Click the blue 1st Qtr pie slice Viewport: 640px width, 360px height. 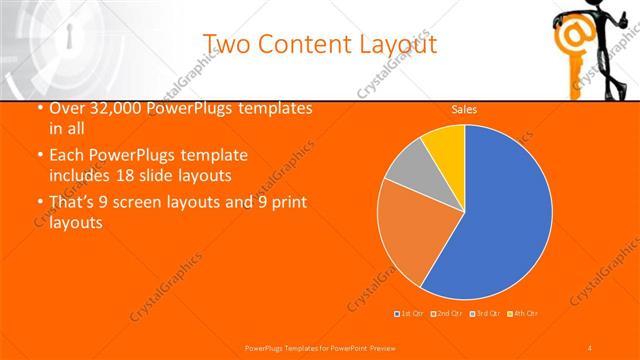pos(500,220)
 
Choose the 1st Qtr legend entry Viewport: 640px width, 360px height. pos(410,314)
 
